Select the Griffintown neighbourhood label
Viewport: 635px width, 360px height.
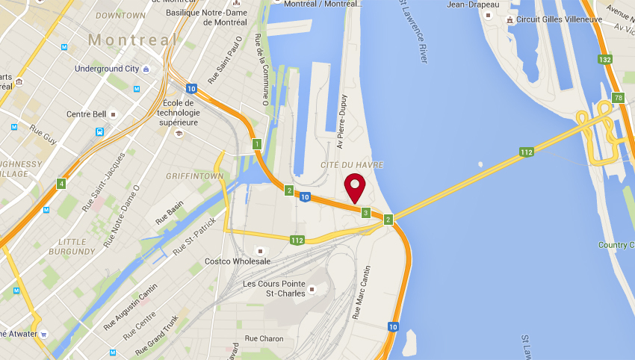pos(195,176)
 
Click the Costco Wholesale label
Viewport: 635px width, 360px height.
pos(238,261)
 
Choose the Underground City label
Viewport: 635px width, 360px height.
pos(107,69)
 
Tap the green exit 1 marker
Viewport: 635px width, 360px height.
pos(257,143)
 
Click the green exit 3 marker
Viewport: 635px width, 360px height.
pos(365,213)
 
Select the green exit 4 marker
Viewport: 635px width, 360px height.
pos(61,184)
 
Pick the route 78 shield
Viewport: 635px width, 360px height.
pos(618,98)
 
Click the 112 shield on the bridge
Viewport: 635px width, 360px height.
pos(527,152)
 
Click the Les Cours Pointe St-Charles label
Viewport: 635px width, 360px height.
pos(275,288)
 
